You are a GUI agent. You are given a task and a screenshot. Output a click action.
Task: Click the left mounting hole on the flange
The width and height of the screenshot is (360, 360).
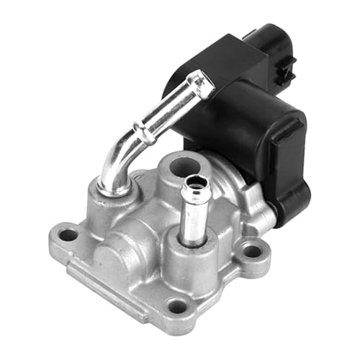pos(68,235)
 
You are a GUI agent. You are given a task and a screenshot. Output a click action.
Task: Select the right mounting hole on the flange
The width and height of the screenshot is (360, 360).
pos(251,251)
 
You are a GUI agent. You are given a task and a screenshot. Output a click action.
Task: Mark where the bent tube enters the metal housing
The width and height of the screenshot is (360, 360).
pos(112,189)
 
